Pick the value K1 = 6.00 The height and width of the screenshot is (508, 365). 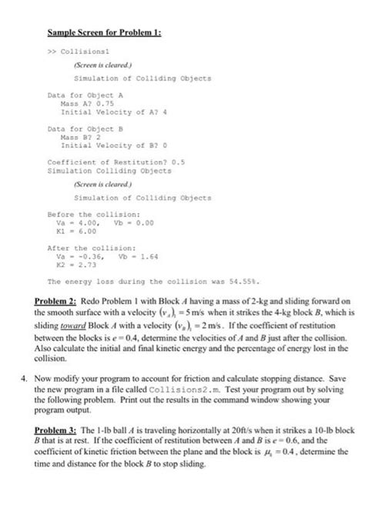[76, 229]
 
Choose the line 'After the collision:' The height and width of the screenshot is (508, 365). [81, 249]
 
